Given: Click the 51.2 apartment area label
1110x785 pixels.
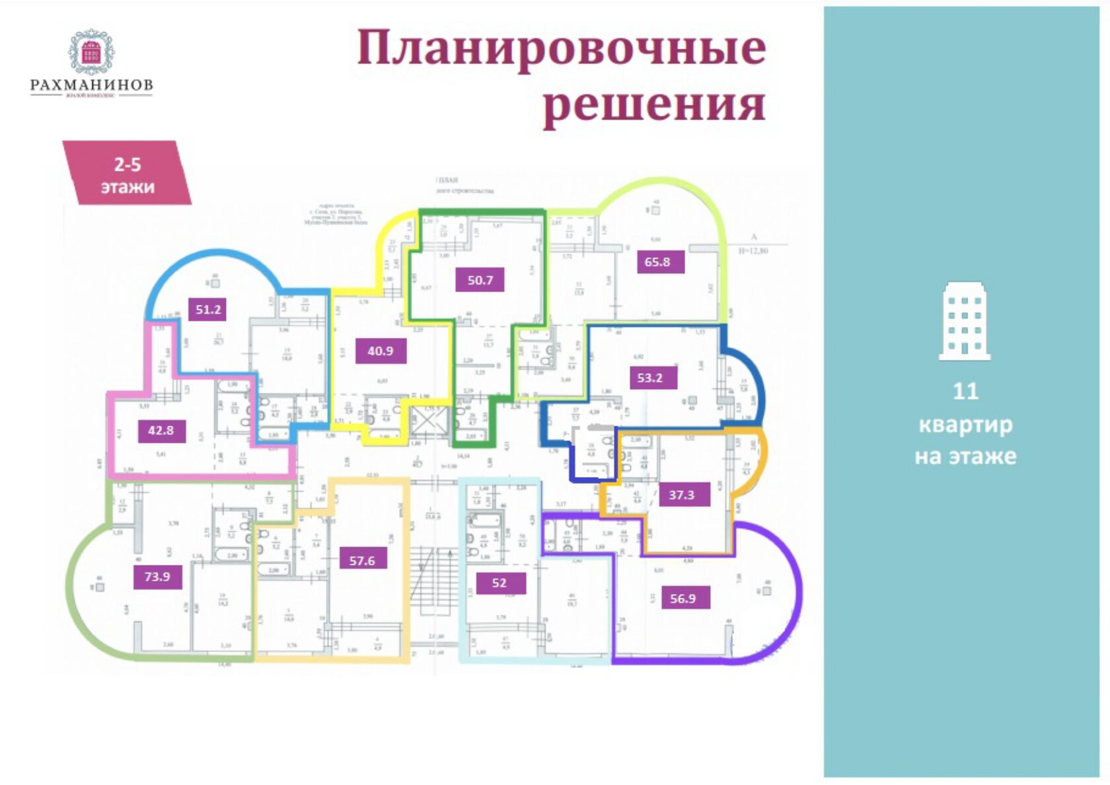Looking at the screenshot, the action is tap(207, 309).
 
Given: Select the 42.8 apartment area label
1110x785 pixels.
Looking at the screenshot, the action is tap(161, 430).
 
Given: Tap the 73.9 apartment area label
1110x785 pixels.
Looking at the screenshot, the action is tap(157, 576).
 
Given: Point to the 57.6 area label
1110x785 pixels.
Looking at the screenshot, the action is tap(361, 560).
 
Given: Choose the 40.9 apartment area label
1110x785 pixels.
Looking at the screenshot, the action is tap(380, 351).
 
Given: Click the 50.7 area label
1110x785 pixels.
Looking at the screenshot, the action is tap(480, 280).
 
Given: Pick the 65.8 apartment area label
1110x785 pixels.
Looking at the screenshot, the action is tap(657, 262).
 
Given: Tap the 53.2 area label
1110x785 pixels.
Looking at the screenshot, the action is tap(649, 378).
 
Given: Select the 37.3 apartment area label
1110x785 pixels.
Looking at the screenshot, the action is tap(681, 494).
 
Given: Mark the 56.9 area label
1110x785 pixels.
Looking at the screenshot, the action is tap(683, 599).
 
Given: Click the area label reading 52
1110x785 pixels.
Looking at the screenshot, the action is tap(499, 583).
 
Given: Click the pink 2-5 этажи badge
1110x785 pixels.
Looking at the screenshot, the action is tap(127, 174).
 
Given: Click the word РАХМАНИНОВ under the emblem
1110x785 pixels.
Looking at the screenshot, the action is tap(91, 85).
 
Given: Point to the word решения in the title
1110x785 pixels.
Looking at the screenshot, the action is tap(653, 104).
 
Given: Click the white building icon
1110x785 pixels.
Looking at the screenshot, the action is tap(965, 321).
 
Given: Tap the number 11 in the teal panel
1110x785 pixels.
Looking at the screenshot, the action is tap(965, 391).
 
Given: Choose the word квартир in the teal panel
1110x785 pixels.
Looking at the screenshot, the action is tap(965, 424).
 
